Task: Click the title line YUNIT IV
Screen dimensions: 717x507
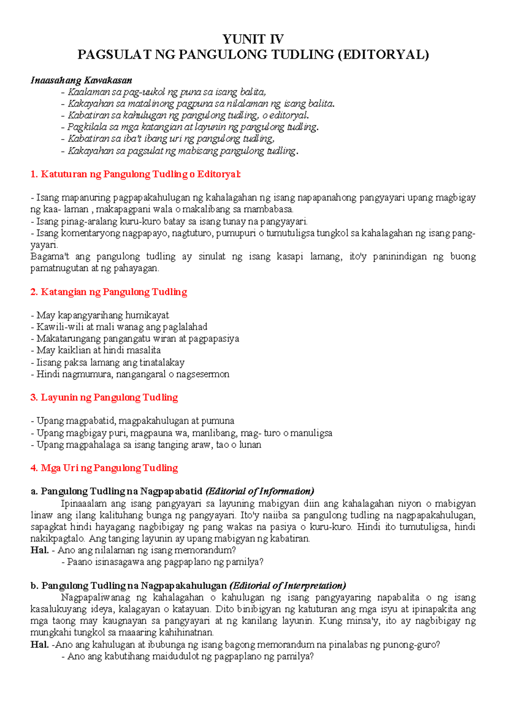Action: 253,39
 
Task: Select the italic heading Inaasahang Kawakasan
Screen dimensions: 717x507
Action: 81,80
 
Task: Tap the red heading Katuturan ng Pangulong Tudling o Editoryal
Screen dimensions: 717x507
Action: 136,174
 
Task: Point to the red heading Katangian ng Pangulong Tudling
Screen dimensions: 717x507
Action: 109,292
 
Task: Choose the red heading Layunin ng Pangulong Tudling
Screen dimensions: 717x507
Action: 104,397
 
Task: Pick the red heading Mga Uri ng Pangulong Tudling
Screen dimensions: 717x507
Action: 104,468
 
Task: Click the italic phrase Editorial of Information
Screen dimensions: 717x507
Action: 259,491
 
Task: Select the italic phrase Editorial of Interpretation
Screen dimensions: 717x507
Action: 288,586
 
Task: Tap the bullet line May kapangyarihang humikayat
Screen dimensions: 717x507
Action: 100,315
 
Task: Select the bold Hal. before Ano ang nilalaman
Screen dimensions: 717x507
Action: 39,550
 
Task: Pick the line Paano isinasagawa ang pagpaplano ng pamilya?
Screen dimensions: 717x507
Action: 163,562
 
